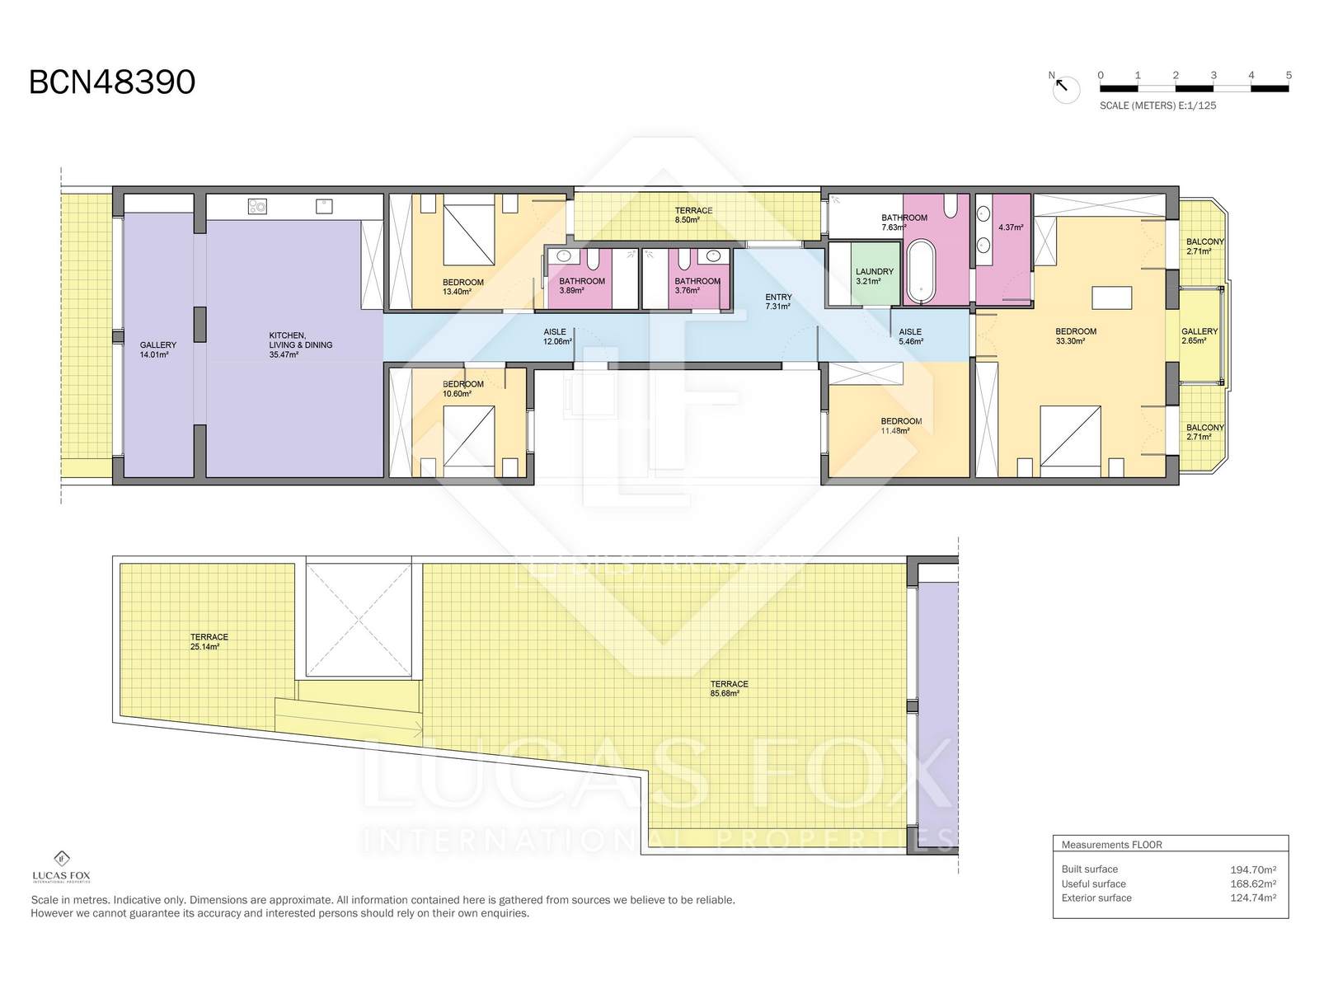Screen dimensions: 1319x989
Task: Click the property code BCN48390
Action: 112,82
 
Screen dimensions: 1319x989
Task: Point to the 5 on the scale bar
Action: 1288,76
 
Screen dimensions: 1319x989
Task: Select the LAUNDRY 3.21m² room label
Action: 875,276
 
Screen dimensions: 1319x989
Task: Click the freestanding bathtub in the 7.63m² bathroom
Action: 919,271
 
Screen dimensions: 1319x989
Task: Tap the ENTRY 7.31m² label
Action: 778,302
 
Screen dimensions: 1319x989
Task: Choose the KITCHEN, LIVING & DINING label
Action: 300,345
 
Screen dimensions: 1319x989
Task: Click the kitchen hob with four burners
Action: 257,207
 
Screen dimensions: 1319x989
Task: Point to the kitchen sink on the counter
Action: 324,207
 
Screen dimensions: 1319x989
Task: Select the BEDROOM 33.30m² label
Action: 1076,336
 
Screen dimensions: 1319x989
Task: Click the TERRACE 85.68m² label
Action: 729,688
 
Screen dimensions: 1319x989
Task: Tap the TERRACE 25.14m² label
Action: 209,641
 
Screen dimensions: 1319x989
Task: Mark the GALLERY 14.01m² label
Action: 158,349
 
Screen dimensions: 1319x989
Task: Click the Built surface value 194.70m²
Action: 1253,869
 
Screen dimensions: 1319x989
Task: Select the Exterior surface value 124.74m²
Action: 1253,898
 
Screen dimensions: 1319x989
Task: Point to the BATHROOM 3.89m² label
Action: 582,286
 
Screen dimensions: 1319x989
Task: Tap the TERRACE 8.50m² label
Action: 693,215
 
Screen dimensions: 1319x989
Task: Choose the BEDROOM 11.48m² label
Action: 901,426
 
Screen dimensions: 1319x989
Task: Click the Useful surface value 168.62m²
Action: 1253,884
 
